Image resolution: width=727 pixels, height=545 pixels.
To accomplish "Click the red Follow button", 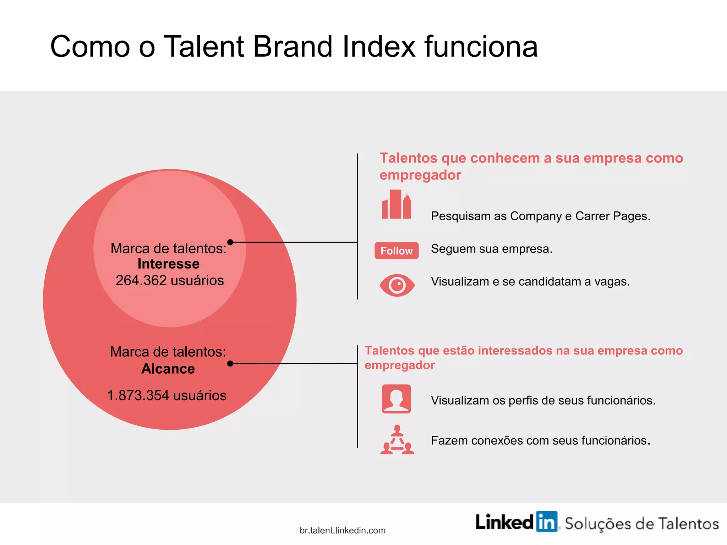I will (x=397, y=251).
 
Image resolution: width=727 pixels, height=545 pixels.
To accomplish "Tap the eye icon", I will (x=397, y=285).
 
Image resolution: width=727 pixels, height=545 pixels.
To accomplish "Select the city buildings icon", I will (x=397, y=204).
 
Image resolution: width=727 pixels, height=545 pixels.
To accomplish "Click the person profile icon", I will (x=397, y=399).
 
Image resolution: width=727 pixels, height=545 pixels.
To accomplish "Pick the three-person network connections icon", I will (x=397, y=440).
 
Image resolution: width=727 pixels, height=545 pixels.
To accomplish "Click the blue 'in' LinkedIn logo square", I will (x=547, y=522).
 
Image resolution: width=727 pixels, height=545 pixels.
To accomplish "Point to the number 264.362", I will (x=141, y=280).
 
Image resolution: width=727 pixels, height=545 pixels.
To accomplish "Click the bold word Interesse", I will (x=168, y=264).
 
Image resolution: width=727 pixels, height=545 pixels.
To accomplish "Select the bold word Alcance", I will (x=168, y=369).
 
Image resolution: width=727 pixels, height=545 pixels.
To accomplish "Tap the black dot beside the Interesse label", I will (x=230, y=242).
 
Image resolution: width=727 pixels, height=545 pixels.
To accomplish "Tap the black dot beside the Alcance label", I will (x=230, y=363).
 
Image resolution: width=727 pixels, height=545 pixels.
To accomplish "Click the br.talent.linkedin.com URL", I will (x=343, y=530).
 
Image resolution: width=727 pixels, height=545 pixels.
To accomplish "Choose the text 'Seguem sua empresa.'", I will (x=492, y=249).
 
